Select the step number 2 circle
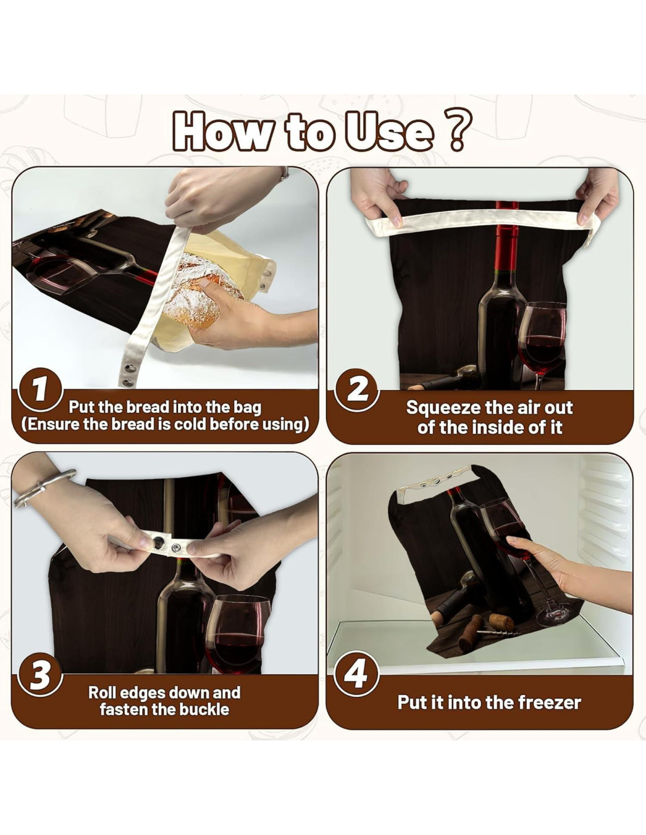tap(357, 390)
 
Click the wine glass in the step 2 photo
tap(542, 340)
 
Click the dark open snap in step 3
tap(159, 542)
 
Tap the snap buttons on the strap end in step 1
tap(130, 375)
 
